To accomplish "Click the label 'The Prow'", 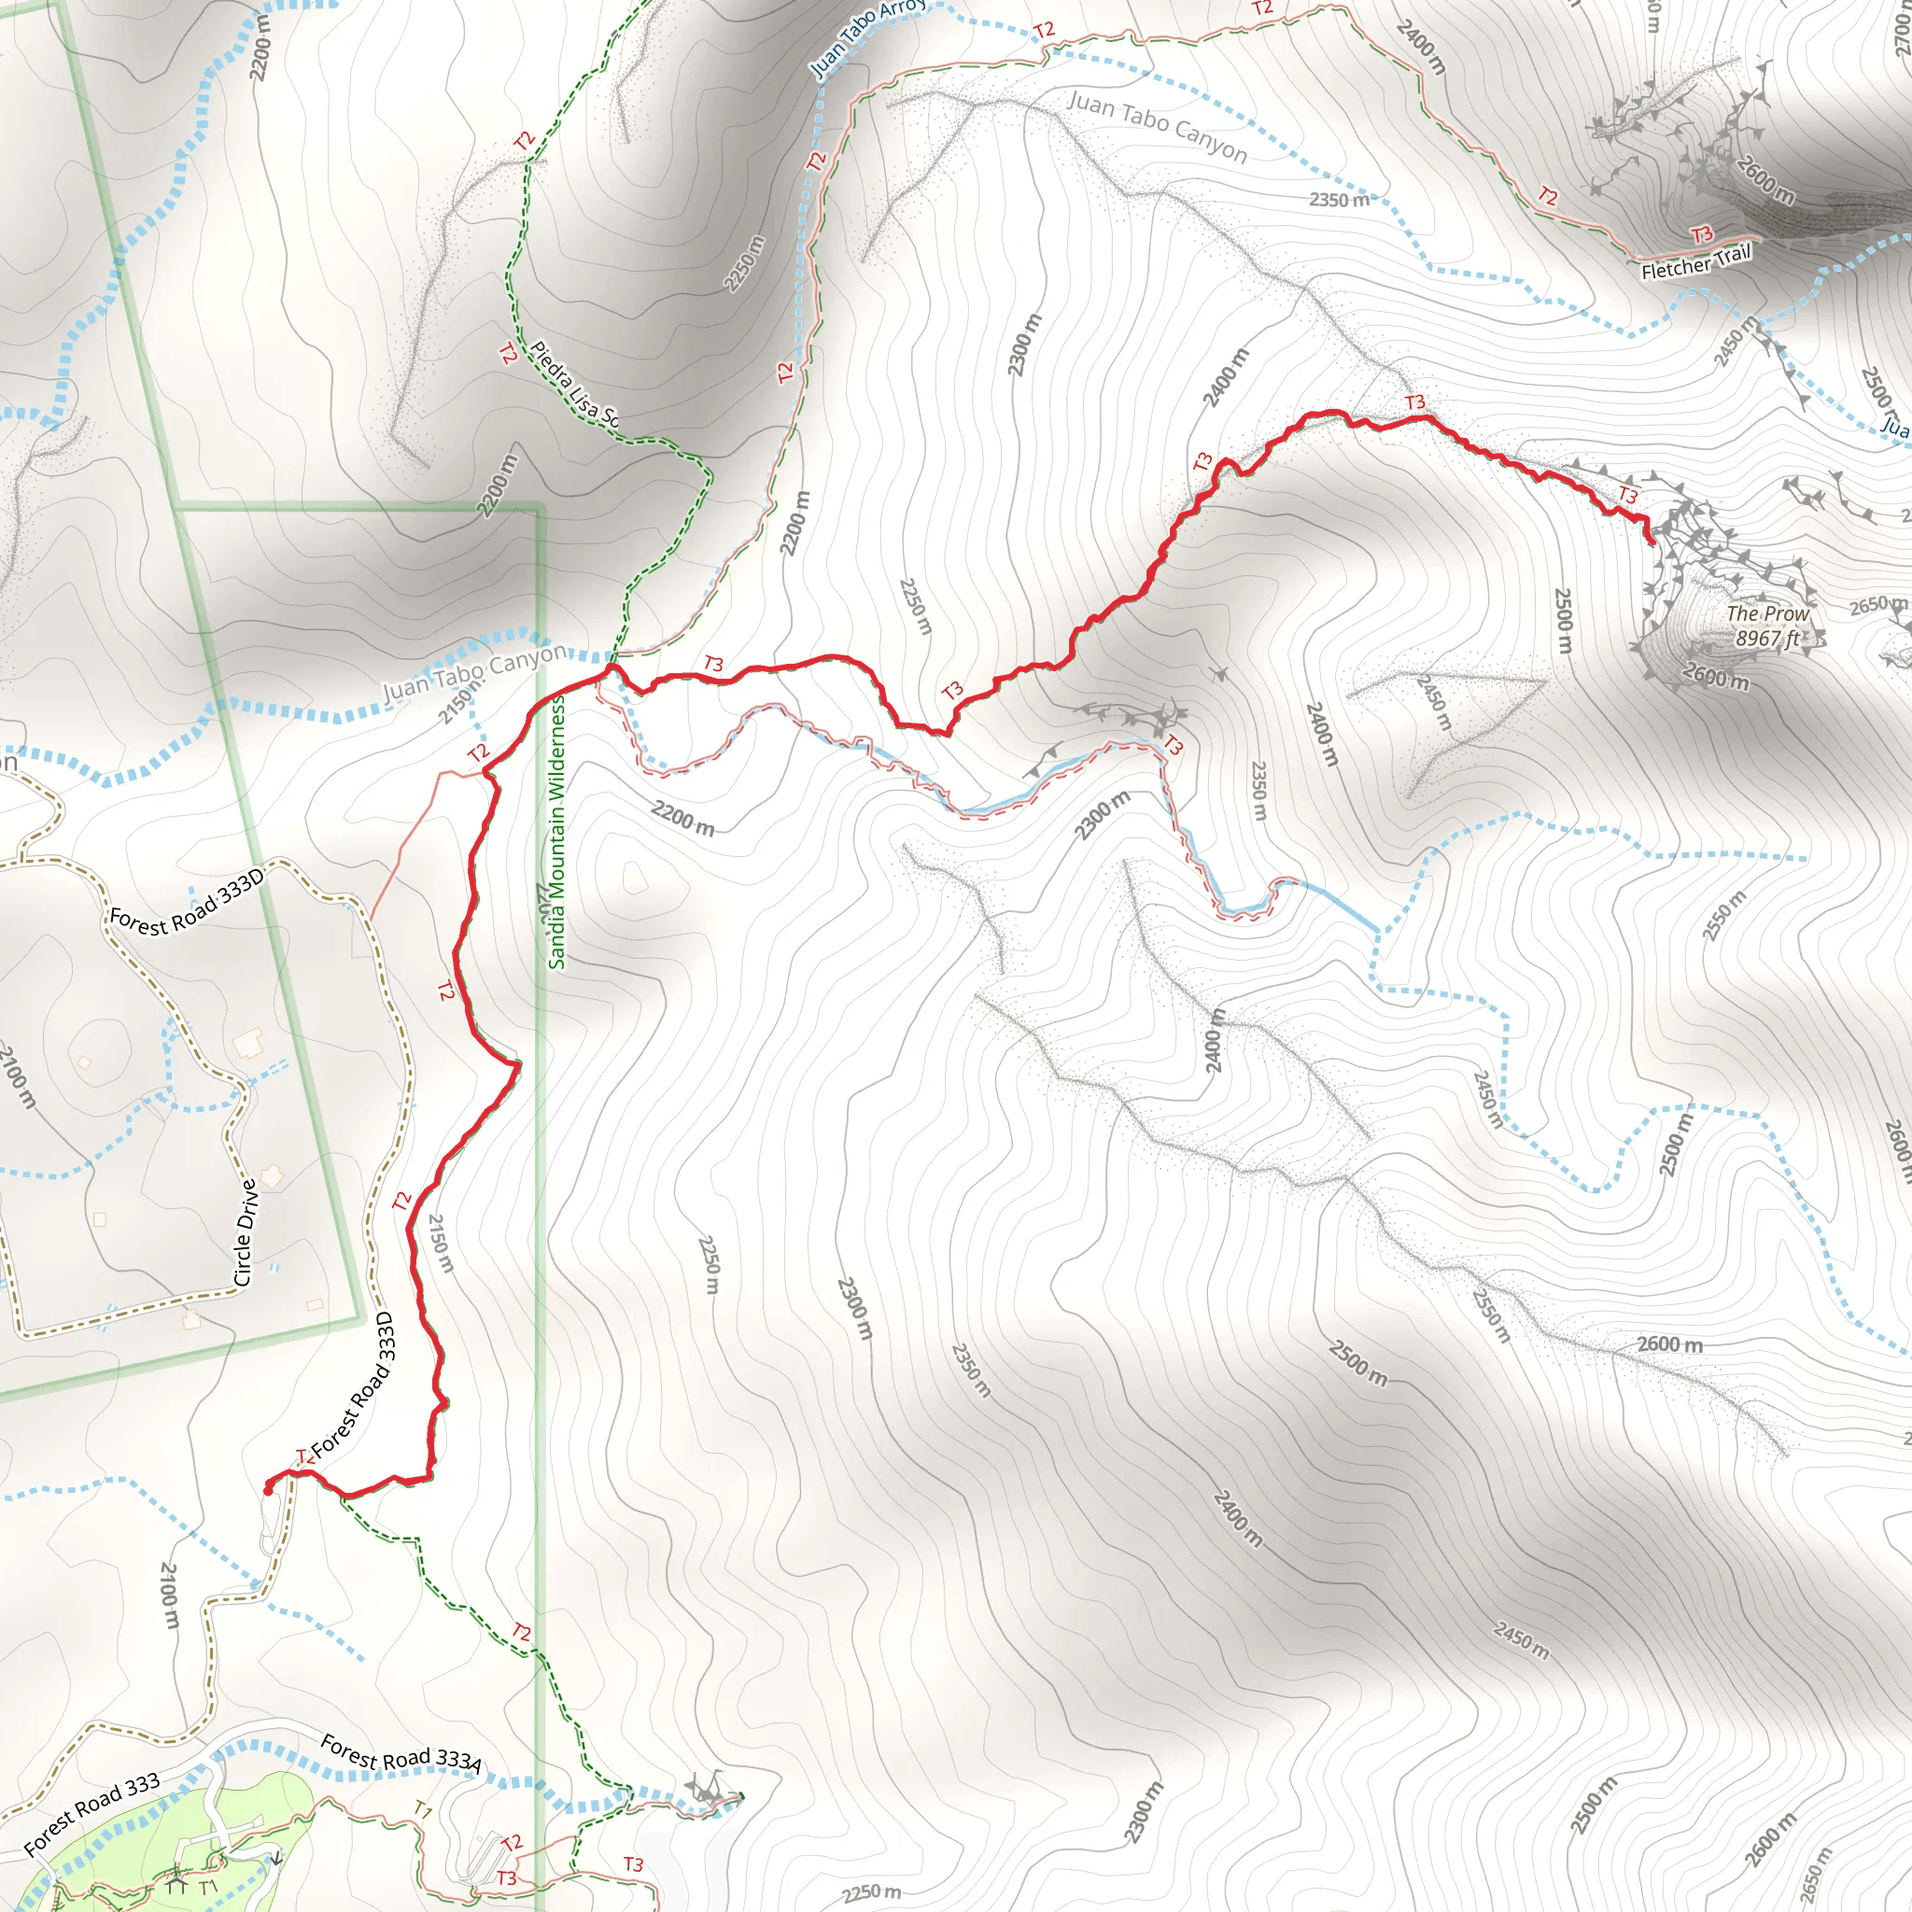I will click(x=1766, y=613).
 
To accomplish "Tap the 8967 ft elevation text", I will click(x=1766, y=639).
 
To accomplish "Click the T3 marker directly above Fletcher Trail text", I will click(x=1701, y=234).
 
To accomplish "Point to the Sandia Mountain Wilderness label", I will click(x=557, y=831).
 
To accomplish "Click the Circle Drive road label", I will click(x=246, y=1231).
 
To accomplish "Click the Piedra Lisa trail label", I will click(x=575, y=384).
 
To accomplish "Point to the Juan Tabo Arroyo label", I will click(x=867, y=37).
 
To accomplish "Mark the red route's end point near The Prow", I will click(x=1651, y=541).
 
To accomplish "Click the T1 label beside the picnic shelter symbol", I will click(x=208, y=1886).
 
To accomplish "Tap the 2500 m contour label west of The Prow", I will click(x=1563, y=620).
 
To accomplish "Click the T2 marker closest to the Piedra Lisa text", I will click(x=508, y=353).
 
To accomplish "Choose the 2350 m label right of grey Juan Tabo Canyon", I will click(x=1339, y=200).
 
